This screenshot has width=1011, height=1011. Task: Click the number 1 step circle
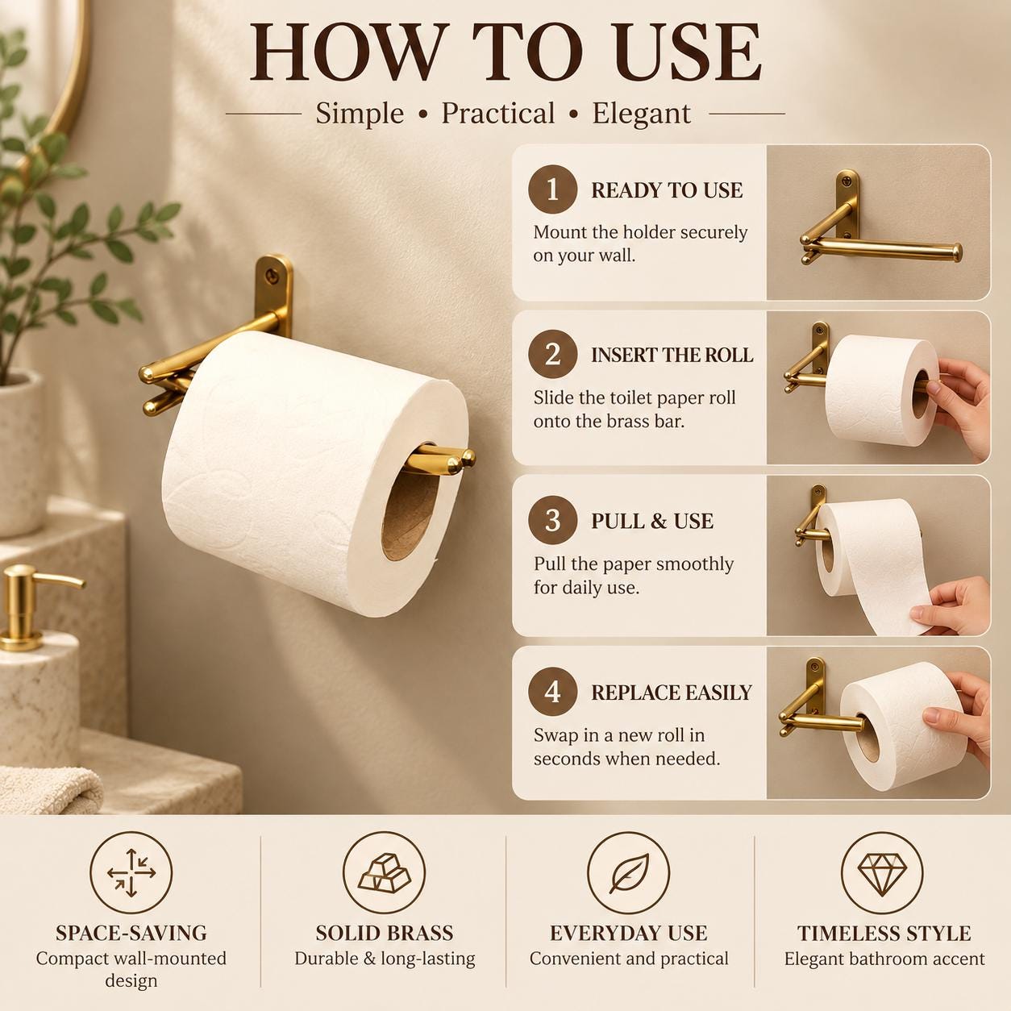tap(552, 189)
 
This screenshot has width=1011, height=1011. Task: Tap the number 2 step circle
tap(552, 355)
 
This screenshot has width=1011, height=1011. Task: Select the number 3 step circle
tap(552, 521)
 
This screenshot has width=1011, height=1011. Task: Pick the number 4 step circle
tap(552, 692)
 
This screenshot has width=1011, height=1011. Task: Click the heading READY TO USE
tap(667, 190)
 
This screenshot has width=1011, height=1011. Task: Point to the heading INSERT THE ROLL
tap(672, 356)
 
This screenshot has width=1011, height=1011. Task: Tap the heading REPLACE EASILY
tap(672, 693)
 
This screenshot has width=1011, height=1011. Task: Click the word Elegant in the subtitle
tap(641, 114)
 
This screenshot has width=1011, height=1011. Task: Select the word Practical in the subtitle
tap(498, 113)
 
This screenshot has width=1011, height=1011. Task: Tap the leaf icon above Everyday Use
tap(629, 873)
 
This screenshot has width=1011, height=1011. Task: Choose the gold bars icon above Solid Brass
tap(384, 873)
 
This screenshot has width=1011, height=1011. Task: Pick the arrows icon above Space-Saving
tap(131, 873)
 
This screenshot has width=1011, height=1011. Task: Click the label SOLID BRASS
tap(385, 934)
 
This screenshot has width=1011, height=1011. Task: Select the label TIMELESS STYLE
tap(884, 934)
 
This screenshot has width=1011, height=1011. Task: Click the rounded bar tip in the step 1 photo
tap(956, 252)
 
